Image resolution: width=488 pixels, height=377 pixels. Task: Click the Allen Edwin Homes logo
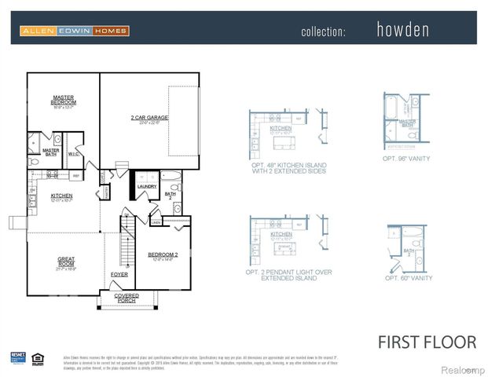[x=74, y=31]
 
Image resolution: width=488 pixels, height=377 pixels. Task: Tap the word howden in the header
[x=403, y=31]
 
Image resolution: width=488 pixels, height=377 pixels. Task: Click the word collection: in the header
[x=323, y=31]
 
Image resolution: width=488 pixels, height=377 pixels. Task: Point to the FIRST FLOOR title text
[x=427, y=342]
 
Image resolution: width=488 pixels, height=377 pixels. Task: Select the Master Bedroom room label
[x=63, y=101]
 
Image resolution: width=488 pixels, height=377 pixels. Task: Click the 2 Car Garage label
[x=149, y=119]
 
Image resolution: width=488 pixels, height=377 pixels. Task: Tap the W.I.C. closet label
[x=73, y=154]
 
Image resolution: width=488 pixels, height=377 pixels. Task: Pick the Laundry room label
[x=147, y=186]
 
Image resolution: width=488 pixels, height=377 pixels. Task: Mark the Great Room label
[x=65, y=261]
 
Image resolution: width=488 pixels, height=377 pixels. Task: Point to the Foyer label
[x=119, y=274]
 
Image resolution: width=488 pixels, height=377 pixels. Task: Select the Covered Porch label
[x=126, y=298]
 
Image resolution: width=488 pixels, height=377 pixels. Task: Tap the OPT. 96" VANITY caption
[x=406, y=159]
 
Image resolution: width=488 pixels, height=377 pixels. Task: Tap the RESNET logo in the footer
[x=18, y=358]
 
